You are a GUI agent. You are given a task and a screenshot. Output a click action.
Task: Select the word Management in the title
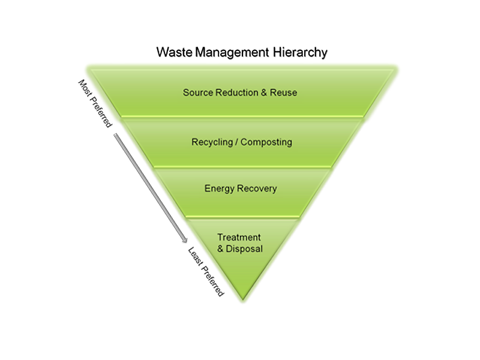coord(229,52)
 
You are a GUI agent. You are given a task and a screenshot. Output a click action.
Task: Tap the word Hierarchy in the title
coord(299,53)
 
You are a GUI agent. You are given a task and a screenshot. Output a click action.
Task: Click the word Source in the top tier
coord(197,93)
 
